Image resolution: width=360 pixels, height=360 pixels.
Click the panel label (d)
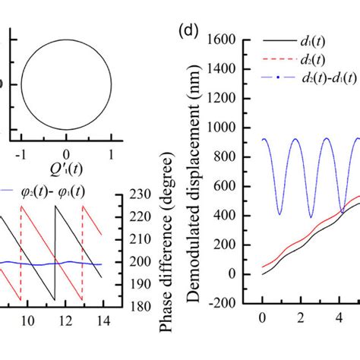tap(188, 33)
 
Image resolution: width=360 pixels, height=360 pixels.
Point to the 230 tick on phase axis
tap(134, 195)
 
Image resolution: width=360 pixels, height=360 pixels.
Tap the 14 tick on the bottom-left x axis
tap(103, 321)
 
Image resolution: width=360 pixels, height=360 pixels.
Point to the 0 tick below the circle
tap(67, 153)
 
